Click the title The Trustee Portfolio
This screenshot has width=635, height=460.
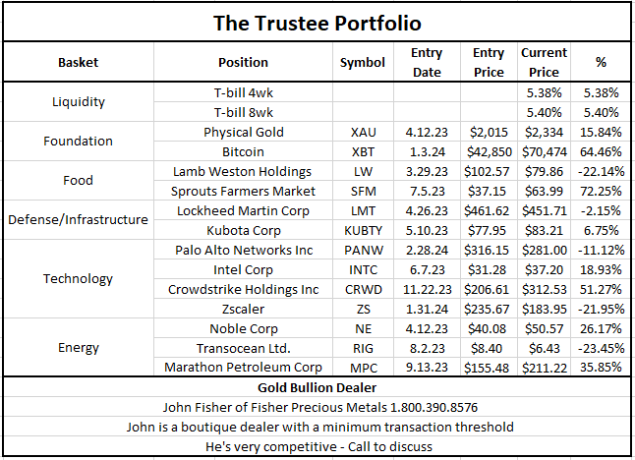click(x=317, y=22)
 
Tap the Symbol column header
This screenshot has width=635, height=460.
click(x=363, y=62)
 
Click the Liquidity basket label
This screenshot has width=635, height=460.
click(x=79, y=101)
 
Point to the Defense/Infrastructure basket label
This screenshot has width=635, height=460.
click(x=79, y=219)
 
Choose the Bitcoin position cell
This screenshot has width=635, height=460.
click(x=243, y=151)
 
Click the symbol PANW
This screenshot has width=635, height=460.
click(x=363, y=250)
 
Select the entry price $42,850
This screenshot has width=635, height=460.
click(x=489, y=151)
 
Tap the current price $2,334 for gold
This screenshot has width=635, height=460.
click(x=544, y=132)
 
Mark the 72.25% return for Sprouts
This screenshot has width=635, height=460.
click(x=601, y=191)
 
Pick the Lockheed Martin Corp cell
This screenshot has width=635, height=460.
click(x=243, y=210)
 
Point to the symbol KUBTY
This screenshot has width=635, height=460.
click(x=363, y=230)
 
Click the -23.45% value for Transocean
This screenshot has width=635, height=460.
click(x=601, y=348)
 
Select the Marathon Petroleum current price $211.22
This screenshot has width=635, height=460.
click(x=544, y=368)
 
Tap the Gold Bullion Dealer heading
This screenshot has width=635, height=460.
click(x=317, y=387)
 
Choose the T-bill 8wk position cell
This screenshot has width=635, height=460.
click(x=243, y=112)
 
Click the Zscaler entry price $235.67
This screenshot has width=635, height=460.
click(x=489, y=309)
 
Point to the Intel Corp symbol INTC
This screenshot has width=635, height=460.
click(x=363, y=269)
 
